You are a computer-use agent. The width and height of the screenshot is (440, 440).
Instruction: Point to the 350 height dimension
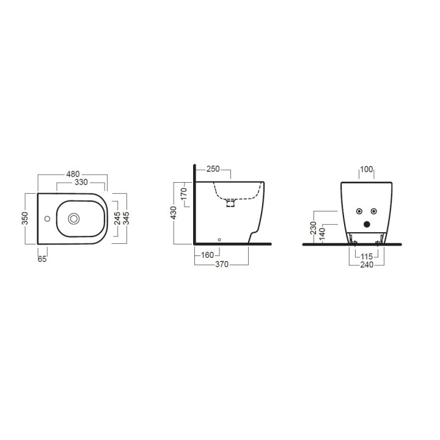pos(25,218)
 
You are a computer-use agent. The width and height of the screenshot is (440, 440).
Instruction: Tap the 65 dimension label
pos(42,258)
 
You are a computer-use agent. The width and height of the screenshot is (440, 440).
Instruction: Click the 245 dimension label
pos(117,218)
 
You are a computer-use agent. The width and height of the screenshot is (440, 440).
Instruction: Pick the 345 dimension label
pos(127,218)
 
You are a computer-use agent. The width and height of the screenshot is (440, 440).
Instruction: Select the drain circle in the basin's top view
pos(75,218)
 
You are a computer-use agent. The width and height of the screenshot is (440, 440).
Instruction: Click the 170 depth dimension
pos(184,196)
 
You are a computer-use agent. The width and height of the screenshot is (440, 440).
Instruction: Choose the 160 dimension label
pos(207,255)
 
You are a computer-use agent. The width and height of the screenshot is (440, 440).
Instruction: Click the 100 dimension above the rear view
pos(365,169)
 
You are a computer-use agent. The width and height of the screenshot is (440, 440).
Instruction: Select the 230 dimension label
pos(313,228)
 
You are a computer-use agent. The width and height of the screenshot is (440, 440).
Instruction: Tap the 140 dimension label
pos(322,233)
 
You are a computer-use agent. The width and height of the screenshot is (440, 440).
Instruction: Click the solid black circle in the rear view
pos(367,224)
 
